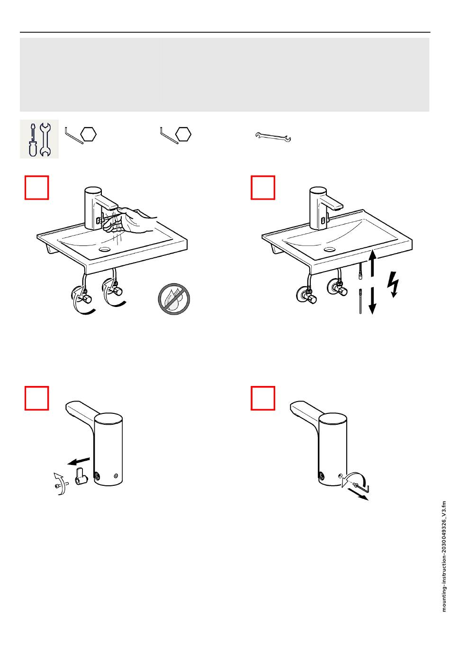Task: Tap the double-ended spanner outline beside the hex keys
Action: (x=273, y=137)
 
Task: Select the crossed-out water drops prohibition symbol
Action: (x=174, y=299)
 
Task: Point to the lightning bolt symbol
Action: (x=393, y=284)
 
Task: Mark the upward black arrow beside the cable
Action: (x=373, y=263)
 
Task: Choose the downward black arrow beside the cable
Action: (x=373, y=300)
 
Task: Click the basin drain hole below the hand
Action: (x=104, y=248)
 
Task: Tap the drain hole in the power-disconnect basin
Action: (x=329, y=249)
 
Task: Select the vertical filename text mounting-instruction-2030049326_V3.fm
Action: (x=444, y=556)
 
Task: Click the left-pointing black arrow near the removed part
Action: (x=79, y=461)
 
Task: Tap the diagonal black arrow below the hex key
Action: (x=358, y=494)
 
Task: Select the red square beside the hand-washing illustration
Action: (x=36, y=187)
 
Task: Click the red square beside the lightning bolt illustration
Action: (x=262, y=187)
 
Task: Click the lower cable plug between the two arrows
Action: (x=360, y=301)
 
